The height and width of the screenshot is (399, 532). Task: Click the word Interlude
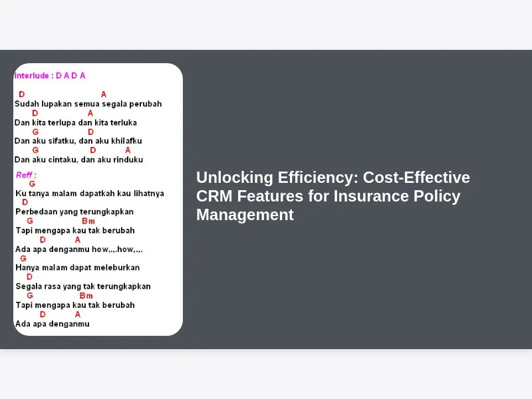click(31, 76)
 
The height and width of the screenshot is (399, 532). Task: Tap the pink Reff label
click(25, 175)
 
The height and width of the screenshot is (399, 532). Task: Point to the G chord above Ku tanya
click(32, 184)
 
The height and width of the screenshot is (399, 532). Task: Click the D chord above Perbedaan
click(25, 202)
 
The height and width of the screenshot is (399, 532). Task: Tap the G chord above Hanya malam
click(23, 258)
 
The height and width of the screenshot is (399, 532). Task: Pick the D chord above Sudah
click(22, 94)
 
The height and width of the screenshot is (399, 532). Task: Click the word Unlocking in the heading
click(235, 178)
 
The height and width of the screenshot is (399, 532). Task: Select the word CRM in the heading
click(214, 196)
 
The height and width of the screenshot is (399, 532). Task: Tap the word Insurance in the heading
click(371, 196)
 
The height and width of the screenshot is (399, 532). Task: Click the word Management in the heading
click(245, 215)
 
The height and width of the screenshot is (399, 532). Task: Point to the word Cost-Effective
click(416, 178)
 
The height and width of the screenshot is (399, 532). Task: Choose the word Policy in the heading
click(437, 196)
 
